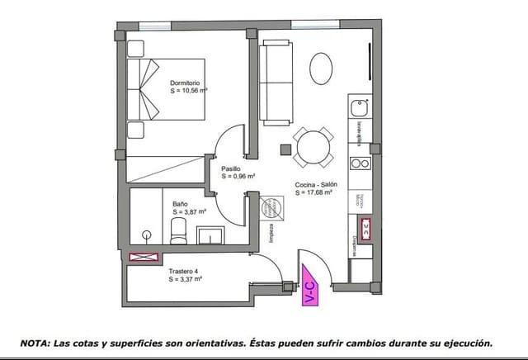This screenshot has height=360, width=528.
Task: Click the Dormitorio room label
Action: click(186, 83)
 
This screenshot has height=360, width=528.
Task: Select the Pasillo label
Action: click(231, 168)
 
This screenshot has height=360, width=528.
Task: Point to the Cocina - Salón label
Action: click(313, 184)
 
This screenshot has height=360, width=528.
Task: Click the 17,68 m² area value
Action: click(313, 192)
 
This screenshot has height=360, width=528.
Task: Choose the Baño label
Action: click(181, 203)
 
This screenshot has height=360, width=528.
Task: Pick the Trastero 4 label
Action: click(183, 271)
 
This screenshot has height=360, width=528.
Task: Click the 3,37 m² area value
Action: click(186, 279)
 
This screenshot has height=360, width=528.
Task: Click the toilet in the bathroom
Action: click(178, 235)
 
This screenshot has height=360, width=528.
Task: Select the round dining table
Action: click(313, 149)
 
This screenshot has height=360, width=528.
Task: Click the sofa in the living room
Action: click(276, 83)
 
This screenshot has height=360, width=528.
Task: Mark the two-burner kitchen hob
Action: click(360, 163)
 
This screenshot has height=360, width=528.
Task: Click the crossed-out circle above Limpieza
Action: click(270, 206)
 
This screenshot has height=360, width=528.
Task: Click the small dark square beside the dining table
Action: click(285, 150)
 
